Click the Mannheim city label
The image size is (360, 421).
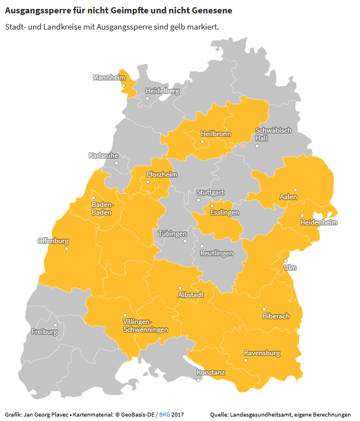[109, 78]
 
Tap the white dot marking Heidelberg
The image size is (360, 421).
[147, 99]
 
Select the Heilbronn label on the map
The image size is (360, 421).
[215, 134]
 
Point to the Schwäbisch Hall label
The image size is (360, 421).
[273, 134]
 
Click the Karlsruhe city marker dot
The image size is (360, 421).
[117, 163]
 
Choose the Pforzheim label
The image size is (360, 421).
[161, 175]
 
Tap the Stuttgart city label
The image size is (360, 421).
[210, 192]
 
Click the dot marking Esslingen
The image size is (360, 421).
[212, 206]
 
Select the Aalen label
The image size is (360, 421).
[288, 197]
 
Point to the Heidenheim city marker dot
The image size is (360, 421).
[302, 216]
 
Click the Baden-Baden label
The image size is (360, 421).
[102, 209]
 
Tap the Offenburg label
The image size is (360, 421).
[53, 241]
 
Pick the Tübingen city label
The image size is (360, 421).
[172, 234]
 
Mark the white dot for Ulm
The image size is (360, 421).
[285, 260]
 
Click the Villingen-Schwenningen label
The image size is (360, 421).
[145, 326]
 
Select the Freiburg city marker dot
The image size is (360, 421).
[55, 325]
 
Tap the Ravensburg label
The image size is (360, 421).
[262, 353]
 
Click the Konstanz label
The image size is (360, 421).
[210, 372]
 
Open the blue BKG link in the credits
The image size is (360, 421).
[165, 415]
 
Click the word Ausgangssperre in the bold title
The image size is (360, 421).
[36, 11]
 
